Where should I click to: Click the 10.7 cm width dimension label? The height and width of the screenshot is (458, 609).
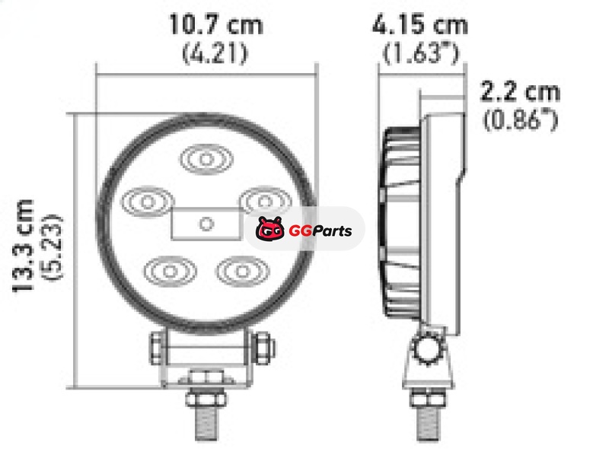[216, 25]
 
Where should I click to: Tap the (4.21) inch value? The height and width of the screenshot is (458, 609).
[215, 53]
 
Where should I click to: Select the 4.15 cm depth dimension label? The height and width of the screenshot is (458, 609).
[420, 25]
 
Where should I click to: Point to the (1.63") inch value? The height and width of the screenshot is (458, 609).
[422, 53]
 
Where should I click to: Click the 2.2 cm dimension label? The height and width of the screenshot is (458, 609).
[521, 91]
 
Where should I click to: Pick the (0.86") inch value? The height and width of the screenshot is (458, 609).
[521, 119]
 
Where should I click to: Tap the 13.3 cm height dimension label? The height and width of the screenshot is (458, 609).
[24, 246]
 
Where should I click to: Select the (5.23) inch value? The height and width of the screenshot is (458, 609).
[52, 246]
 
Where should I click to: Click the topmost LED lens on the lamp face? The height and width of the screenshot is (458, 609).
[206, 159]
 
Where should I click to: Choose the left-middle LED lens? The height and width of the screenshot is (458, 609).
[147, 202]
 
